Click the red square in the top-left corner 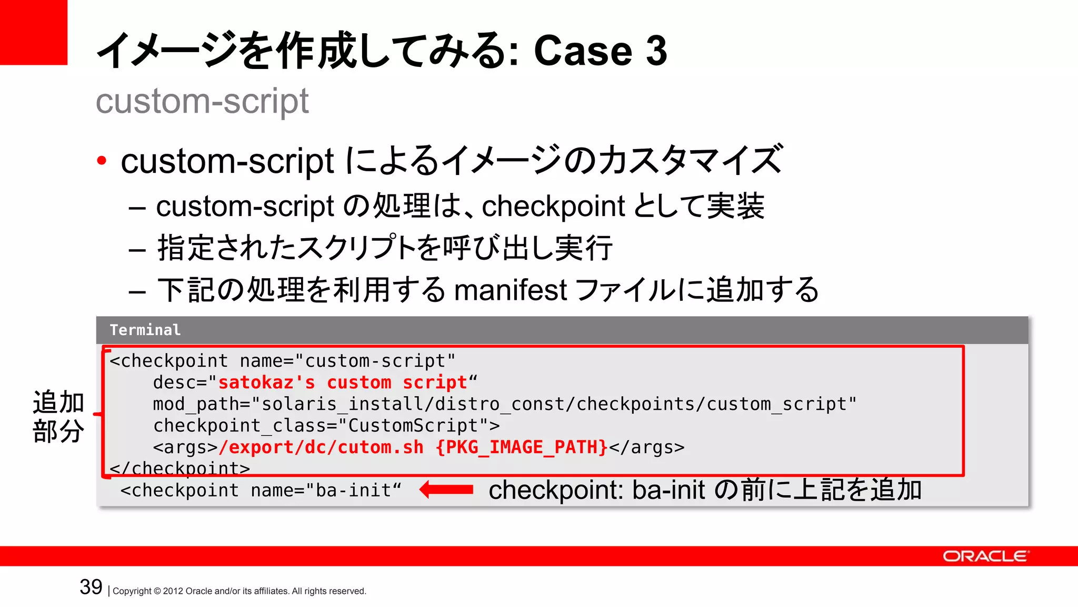33,32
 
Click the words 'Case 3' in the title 600,51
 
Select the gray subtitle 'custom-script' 202,101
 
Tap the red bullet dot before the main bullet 102,160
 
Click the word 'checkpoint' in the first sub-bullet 553,205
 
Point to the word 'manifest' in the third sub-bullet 510,290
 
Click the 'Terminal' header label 145,330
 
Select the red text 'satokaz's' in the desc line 266,383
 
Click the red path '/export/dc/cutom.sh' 321,447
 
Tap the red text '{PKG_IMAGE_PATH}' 522,447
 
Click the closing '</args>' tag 647,447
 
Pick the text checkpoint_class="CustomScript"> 326,426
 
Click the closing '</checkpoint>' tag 179,468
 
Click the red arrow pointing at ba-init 446,489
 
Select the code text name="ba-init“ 326,491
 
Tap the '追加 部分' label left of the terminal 58,416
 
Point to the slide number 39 91,587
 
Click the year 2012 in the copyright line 173,591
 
